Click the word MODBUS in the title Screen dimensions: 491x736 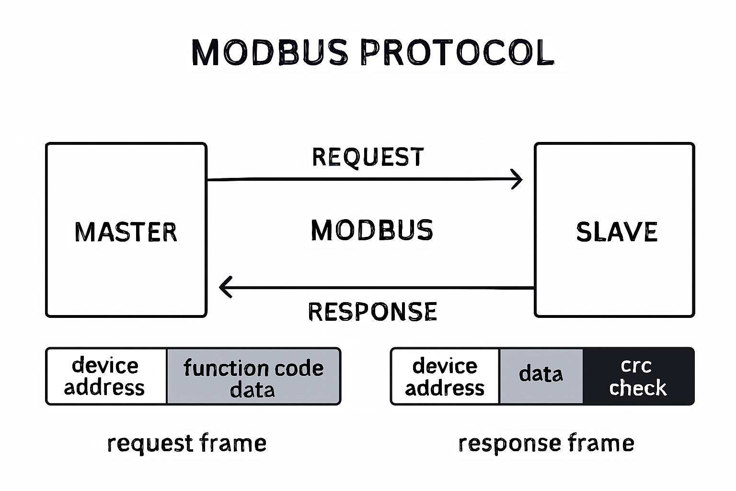point(270,52)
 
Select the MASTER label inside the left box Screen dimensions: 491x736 point(126,232)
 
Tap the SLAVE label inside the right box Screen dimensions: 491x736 point(617,232)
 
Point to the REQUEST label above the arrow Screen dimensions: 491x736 point(368,157)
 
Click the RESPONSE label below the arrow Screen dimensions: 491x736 point(372,312)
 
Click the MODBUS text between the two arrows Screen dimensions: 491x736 point(372,230)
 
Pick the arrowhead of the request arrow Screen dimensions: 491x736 point(517,179)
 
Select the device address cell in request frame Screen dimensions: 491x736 point(106,376)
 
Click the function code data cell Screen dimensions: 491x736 point(253,377)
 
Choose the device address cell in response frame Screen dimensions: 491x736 point(445,377)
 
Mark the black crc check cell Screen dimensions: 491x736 point(638,377)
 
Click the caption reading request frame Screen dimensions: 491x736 point(187,444)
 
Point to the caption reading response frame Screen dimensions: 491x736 point(546,444)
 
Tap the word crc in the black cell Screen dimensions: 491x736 point(636,366)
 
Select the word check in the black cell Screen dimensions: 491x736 point(638,387)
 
